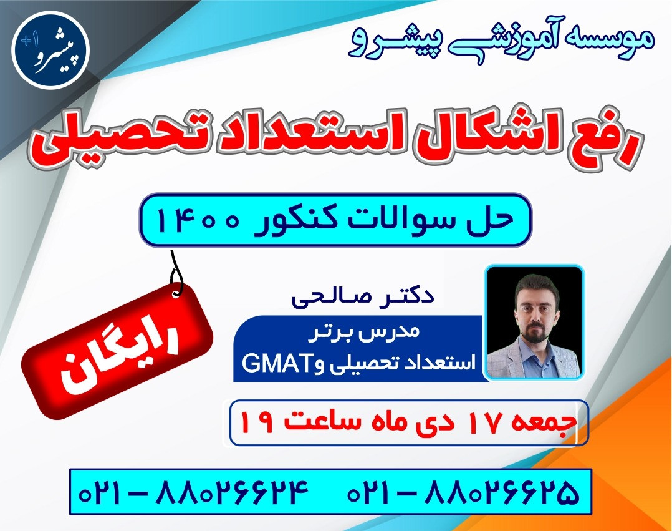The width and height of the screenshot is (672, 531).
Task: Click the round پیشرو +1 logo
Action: pos(50,51)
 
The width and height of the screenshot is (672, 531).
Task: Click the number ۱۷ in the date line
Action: pos(481,423)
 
